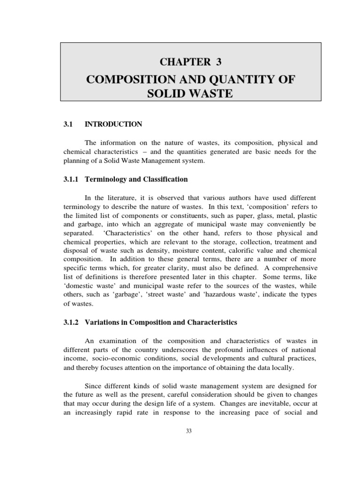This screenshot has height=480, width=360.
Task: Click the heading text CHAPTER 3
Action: click(x=190, y=61)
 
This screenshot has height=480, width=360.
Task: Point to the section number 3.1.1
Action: click(x=72, y=179)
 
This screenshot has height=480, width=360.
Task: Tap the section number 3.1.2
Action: click(x=72, y=322)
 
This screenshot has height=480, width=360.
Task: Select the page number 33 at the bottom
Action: click(x=190, y=432)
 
